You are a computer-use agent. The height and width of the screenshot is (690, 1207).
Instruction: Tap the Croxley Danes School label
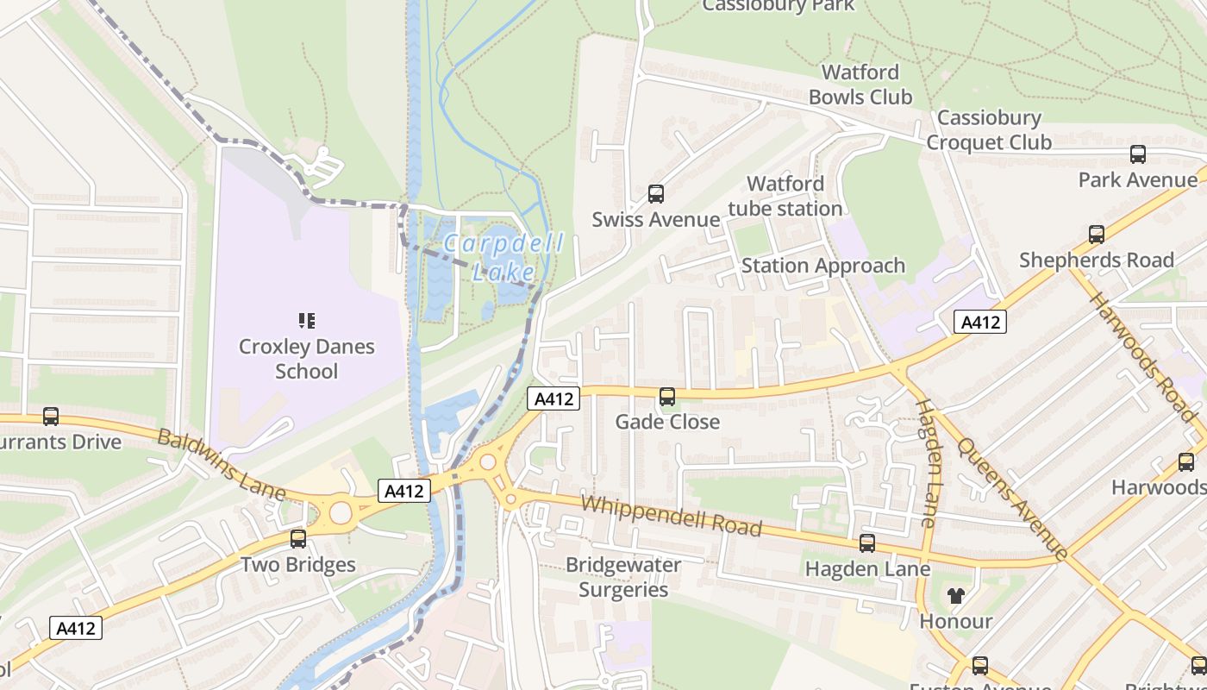point(306,359)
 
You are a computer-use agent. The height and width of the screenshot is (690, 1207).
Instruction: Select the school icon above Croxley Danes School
point(306,321)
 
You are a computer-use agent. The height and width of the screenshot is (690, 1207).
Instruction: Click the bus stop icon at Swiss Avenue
point(656,194)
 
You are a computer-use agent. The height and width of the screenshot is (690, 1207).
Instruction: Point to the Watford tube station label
point(785,196)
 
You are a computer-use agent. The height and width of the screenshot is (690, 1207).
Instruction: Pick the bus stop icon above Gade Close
point(667,397)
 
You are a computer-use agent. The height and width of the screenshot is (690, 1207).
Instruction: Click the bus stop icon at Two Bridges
point(298,539)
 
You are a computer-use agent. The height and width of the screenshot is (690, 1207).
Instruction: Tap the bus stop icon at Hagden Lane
point(867,543)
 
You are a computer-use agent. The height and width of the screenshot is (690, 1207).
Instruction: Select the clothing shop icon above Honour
point(955,595)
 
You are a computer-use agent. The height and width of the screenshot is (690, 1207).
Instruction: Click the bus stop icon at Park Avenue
point(1138,154)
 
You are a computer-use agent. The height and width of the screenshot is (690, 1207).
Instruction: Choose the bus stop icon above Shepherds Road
point(1097,234)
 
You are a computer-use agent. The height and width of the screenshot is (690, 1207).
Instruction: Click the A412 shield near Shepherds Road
point(980,323)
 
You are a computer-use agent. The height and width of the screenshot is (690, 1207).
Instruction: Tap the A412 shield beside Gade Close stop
point(553,398)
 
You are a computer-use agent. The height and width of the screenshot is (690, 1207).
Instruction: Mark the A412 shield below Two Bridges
point(76,628)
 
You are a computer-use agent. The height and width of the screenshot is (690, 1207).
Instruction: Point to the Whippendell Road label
point(672,515)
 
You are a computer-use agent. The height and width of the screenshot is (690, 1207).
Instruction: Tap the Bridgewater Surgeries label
point(623,577)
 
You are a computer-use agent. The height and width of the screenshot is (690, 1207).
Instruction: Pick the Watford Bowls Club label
point(860,85)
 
